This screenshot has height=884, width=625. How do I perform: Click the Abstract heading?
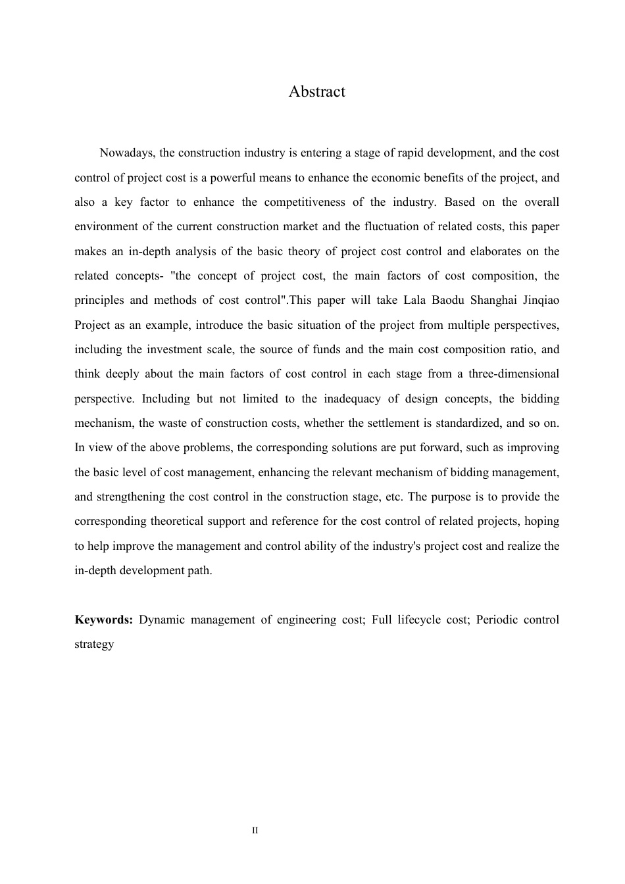[x=316, y=91]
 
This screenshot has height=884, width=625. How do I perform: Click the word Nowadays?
[x=128, y=153]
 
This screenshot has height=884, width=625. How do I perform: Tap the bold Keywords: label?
[x=104, y=620]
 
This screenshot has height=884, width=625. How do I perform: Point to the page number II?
[x=255, y=831]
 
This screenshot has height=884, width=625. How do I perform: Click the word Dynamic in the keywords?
[x=162, y=620]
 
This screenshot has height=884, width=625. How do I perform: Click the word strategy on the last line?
[x=94, y=645]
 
